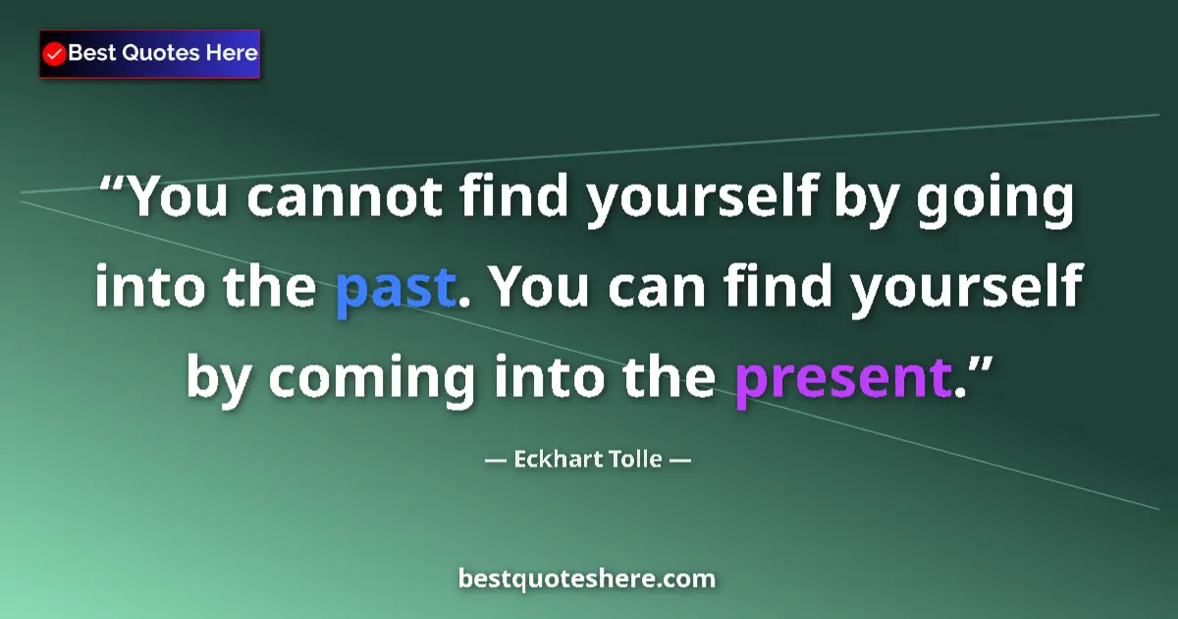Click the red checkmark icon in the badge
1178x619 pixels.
55,54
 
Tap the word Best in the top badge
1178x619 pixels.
92,53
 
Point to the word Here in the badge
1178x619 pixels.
231,53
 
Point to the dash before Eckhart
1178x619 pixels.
496,459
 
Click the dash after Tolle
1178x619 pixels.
681,459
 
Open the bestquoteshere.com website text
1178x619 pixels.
587,579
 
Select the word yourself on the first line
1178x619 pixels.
701,197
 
